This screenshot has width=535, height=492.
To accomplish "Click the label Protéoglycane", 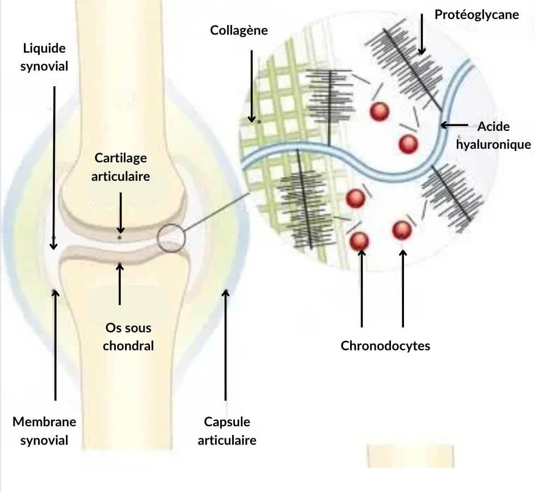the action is pyautogui.click(x=477, y=15).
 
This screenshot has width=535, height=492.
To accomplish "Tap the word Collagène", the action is pyautogui.click(x=239, y=30).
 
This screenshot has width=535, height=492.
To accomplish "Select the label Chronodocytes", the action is pyautogui.click(x=385, y=346).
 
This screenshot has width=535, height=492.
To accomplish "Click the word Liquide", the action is pyautogui.click(x=45, y=48).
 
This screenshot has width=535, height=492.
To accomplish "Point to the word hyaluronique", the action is pyautogui.click(x=493, y=144).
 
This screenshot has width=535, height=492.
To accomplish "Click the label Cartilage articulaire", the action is pyautogui.click(x=121, y=167).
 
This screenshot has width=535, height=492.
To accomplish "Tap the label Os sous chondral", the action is pyautogui.click(x=128, y=337).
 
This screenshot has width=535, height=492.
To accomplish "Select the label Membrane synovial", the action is pyautogui.click(x=45, y=431).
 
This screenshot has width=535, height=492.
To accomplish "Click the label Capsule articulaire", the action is pyautogui.click(x=227, y=431).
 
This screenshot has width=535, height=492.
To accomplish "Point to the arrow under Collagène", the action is pyautogui.click(x=252, y=86).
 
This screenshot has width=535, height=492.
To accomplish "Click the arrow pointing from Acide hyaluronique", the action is pyautogui.click(x=454, y=125).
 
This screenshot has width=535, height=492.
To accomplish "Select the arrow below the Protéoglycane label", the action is pyautogui.click(x=422, y=34).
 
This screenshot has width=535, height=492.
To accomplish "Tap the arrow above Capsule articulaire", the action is pyautogui.click(x=225, y=345).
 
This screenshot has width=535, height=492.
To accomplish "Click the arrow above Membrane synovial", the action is pyautogui.click(x=55, y=345).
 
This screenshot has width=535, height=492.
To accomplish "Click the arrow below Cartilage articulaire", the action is pyautogui.click(x=121, y=213).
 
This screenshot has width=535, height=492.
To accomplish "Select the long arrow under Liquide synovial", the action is pyautogui.click(x=54, y=168).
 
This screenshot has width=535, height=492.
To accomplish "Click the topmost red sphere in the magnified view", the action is pyautogui.click(x=380, y=111).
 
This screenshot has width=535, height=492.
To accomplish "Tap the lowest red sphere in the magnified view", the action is pyautogui.click(x=359, y=241).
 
